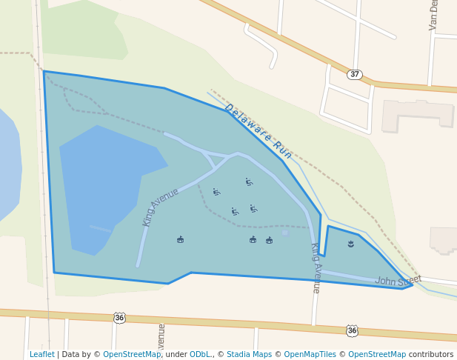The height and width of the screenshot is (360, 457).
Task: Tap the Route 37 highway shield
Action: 355,75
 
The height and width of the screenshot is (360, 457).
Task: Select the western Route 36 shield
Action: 119,318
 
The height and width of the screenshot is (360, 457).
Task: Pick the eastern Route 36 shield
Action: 352,330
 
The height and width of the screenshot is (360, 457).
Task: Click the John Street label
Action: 398,281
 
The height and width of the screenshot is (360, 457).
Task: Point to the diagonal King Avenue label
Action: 161,207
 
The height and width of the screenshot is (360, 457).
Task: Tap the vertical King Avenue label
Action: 315,267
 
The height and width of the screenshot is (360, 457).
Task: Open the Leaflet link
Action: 41,354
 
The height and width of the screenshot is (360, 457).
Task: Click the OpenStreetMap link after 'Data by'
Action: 132,354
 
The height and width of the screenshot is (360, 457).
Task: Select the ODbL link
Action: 200,354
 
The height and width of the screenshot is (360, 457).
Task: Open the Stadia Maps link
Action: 249,354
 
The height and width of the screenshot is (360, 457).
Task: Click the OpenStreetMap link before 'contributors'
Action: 377,354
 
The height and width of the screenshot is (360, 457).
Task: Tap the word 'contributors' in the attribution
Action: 431,354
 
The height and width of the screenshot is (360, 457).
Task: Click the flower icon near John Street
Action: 350,243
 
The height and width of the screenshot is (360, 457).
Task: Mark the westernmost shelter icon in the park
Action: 180,239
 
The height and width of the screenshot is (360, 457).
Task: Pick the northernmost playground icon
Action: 249,181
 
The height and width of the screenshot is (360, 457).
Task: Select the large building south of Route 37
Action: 418,115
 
